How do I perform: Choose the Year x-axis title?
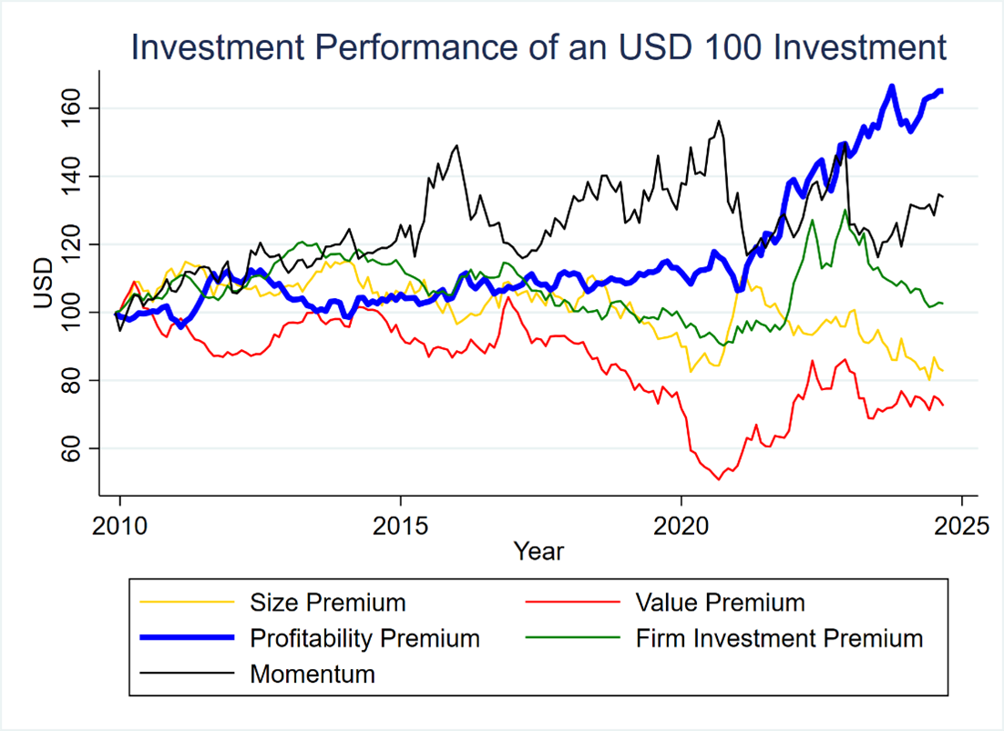(538, 551)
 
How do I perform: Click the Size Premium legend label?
(327, 602)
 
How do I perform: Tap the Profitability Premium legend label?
(364, 638)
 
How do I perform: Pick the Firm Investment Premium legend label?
(778, 638)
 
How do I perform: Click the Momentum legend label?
(312, 674)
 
